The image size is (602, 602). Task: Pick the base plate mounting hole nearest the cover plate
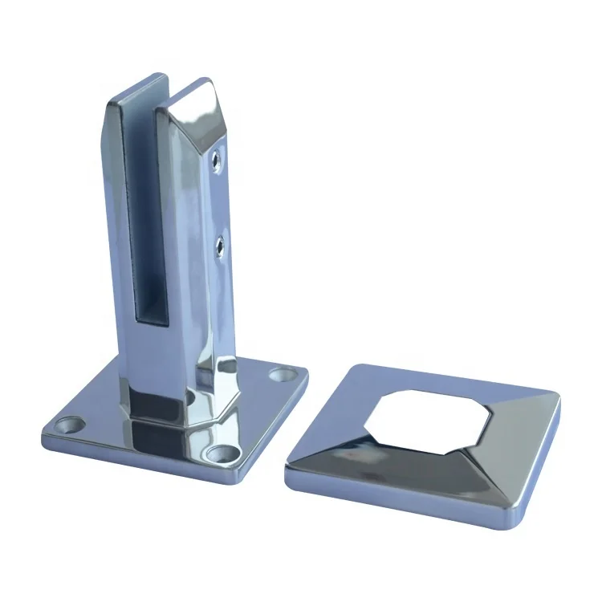tap(280, 374)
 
